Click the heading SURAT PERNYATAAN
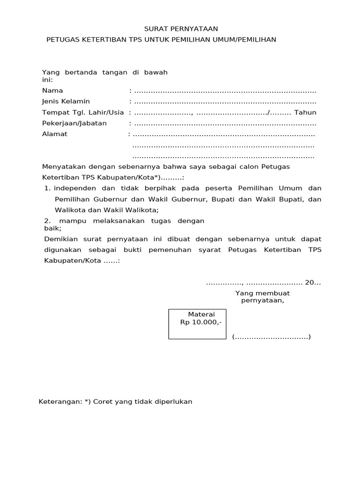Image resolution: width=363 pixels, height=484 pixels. (x=181, y=29)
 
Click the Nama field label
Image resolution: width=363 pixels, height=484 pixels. (x=52, y=90)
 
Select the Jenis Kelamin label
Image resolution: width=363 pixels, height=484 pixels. (x=66, y=101)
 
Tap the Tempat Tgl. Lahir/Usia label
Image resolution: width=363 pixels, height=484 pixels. (x=83, y=112)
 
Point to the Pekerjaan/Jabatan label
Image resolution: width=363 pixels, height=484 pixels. (x=74, y=123)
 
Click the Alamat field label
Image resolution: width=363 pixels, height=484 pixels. (x=55, y=134)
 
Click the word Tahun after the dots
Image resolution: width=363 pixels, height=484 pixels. (x=305, y=112)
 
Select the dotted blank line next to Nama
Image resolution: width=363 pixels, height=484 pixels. (x=225, y=91)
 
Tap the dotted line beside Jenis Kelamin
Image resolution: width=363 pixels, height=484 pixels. (x=225, y=102)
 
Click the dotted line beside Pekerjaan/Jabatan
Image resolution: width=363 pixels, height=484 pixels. (x=225, y=123)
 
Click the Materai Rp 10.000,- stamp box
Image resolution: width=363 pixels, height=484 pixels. (x=197, y=324)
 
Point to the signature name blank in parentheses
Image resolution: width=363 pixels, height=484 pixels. (x=271, y=337)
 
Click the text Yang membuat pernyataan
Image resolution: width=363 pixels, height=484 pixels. (x=262, y=297)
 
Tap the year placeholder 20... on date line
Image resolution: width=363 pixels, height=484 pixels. (x=312, y=283)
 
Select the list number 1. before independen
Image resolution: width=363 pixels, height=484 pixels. (x=47, y=188)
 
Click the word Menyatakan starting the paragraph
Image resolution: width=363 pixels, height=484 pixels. (x=62, y=166)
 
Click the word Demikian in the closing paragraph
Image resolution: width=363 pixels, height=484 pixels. (x=60, y=239)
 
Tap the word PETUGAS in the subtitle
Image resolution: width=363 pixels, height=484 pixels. (x=62, y=40)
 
